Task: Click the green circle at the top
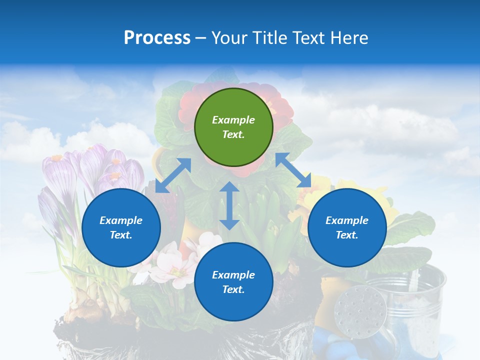pos(233,127)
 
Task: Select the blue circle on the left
pos(121,227)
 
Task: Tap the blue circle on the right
pos(347,227)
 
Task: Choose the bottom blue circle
pos(233,282)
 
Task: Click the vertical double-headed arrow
pos(229,205)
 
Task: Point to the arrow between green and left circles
pos(173,175)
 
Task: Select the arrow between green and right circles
pos(293,170)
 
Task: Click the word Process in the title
pos(157,37)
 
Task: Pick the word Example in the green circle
pos(233,120)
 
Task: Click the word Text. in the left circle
pos(121,235)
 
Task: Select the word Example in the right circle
pos(347,220)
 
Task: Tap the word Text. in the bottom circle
pos(233,289)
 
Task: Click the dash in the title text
pos(201,38)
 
